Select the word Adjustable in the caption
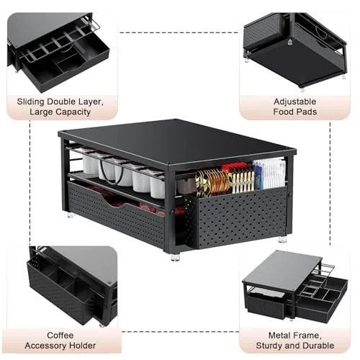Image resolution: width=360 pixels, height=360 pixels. point(294,102)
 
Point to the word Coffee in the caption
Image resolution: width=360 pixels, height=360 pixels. point(60,335)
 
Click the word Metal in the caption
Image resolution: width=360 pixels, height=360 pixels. point(278,335)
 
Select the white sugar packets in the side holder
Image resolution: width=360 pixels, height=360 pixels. point(269,174)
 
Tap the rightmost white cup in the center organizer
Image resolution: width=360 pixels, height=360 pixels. point(158,186)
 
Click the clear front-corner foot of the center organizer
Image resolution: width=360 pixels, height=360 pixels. point(175,257)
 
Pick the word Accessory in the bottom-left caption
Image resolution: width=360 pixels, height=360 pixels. point(45,346)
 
